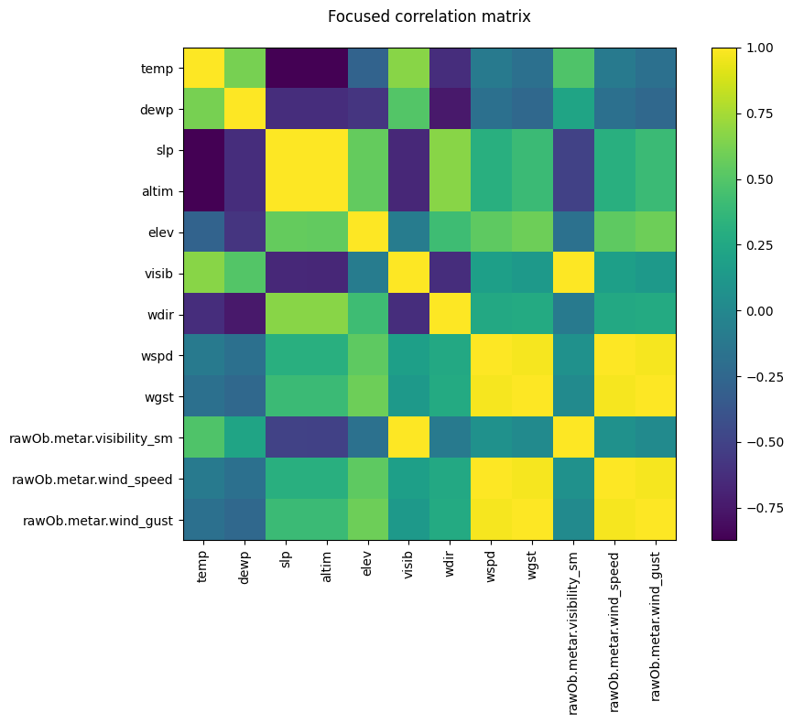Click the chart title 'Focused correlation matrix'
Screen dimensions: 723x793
(x=429, y=16)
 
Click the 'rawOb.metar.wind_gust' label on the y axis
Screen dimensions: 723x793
(x=90, y=521)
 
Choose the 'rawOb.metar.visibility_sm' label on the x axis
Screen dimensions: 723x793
(x=573, y=631)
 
